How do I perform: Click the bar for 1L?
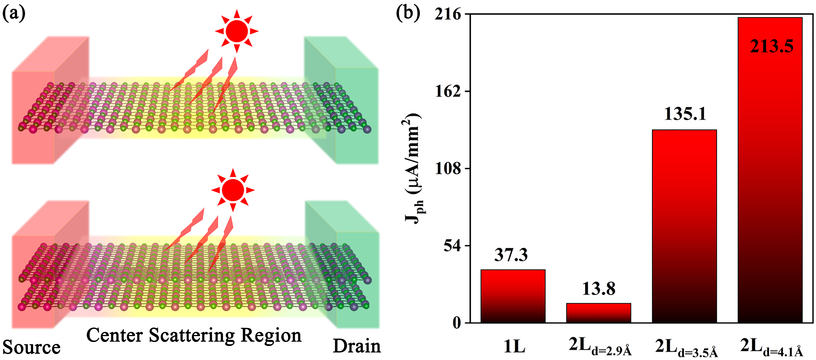[513, 296]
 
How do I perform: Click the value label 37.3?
[511, 255]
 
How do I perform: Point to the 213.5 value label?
[772, 47]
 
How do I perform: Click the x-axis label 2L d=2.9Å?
[600, 347]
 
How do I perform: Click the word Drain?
[357, 346]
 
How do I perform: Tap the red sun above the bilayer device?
[233, 190]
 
